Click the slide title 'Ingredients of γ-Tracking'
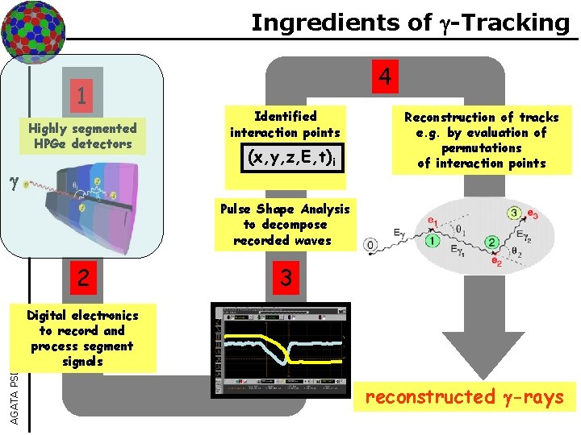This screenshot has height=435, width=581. [x=410, y=22]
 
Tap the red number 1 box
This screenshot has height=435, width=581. [x=82, y=97]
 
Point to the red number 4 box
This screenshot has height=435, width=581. [x=385, y=77]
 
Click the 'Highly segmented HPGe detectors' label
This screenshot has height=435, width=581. [x=82, y=135]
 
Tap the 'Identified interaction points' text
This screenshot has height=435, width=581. [x=285, y=124]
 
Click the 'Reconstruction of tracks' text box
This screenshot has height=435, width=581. [x=481, y=140]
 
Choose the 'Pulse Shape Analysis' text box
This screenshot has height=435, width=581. [x=285, y=225]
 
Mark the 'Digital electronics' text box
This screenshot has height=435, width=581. [x=82, y=338]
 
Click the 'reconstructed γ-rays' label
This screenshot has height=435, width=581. [x=464, y=396]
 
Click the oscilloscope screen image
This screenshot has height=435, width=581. [x=282, y=350]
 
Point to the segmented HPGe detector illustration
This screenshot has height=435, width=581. [x=97, y=209]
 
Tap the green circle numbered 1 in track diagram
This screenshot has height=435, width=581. [x=433, y=240]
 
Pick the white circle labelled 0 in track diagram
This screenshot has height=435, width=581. [x=370, y=243]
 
